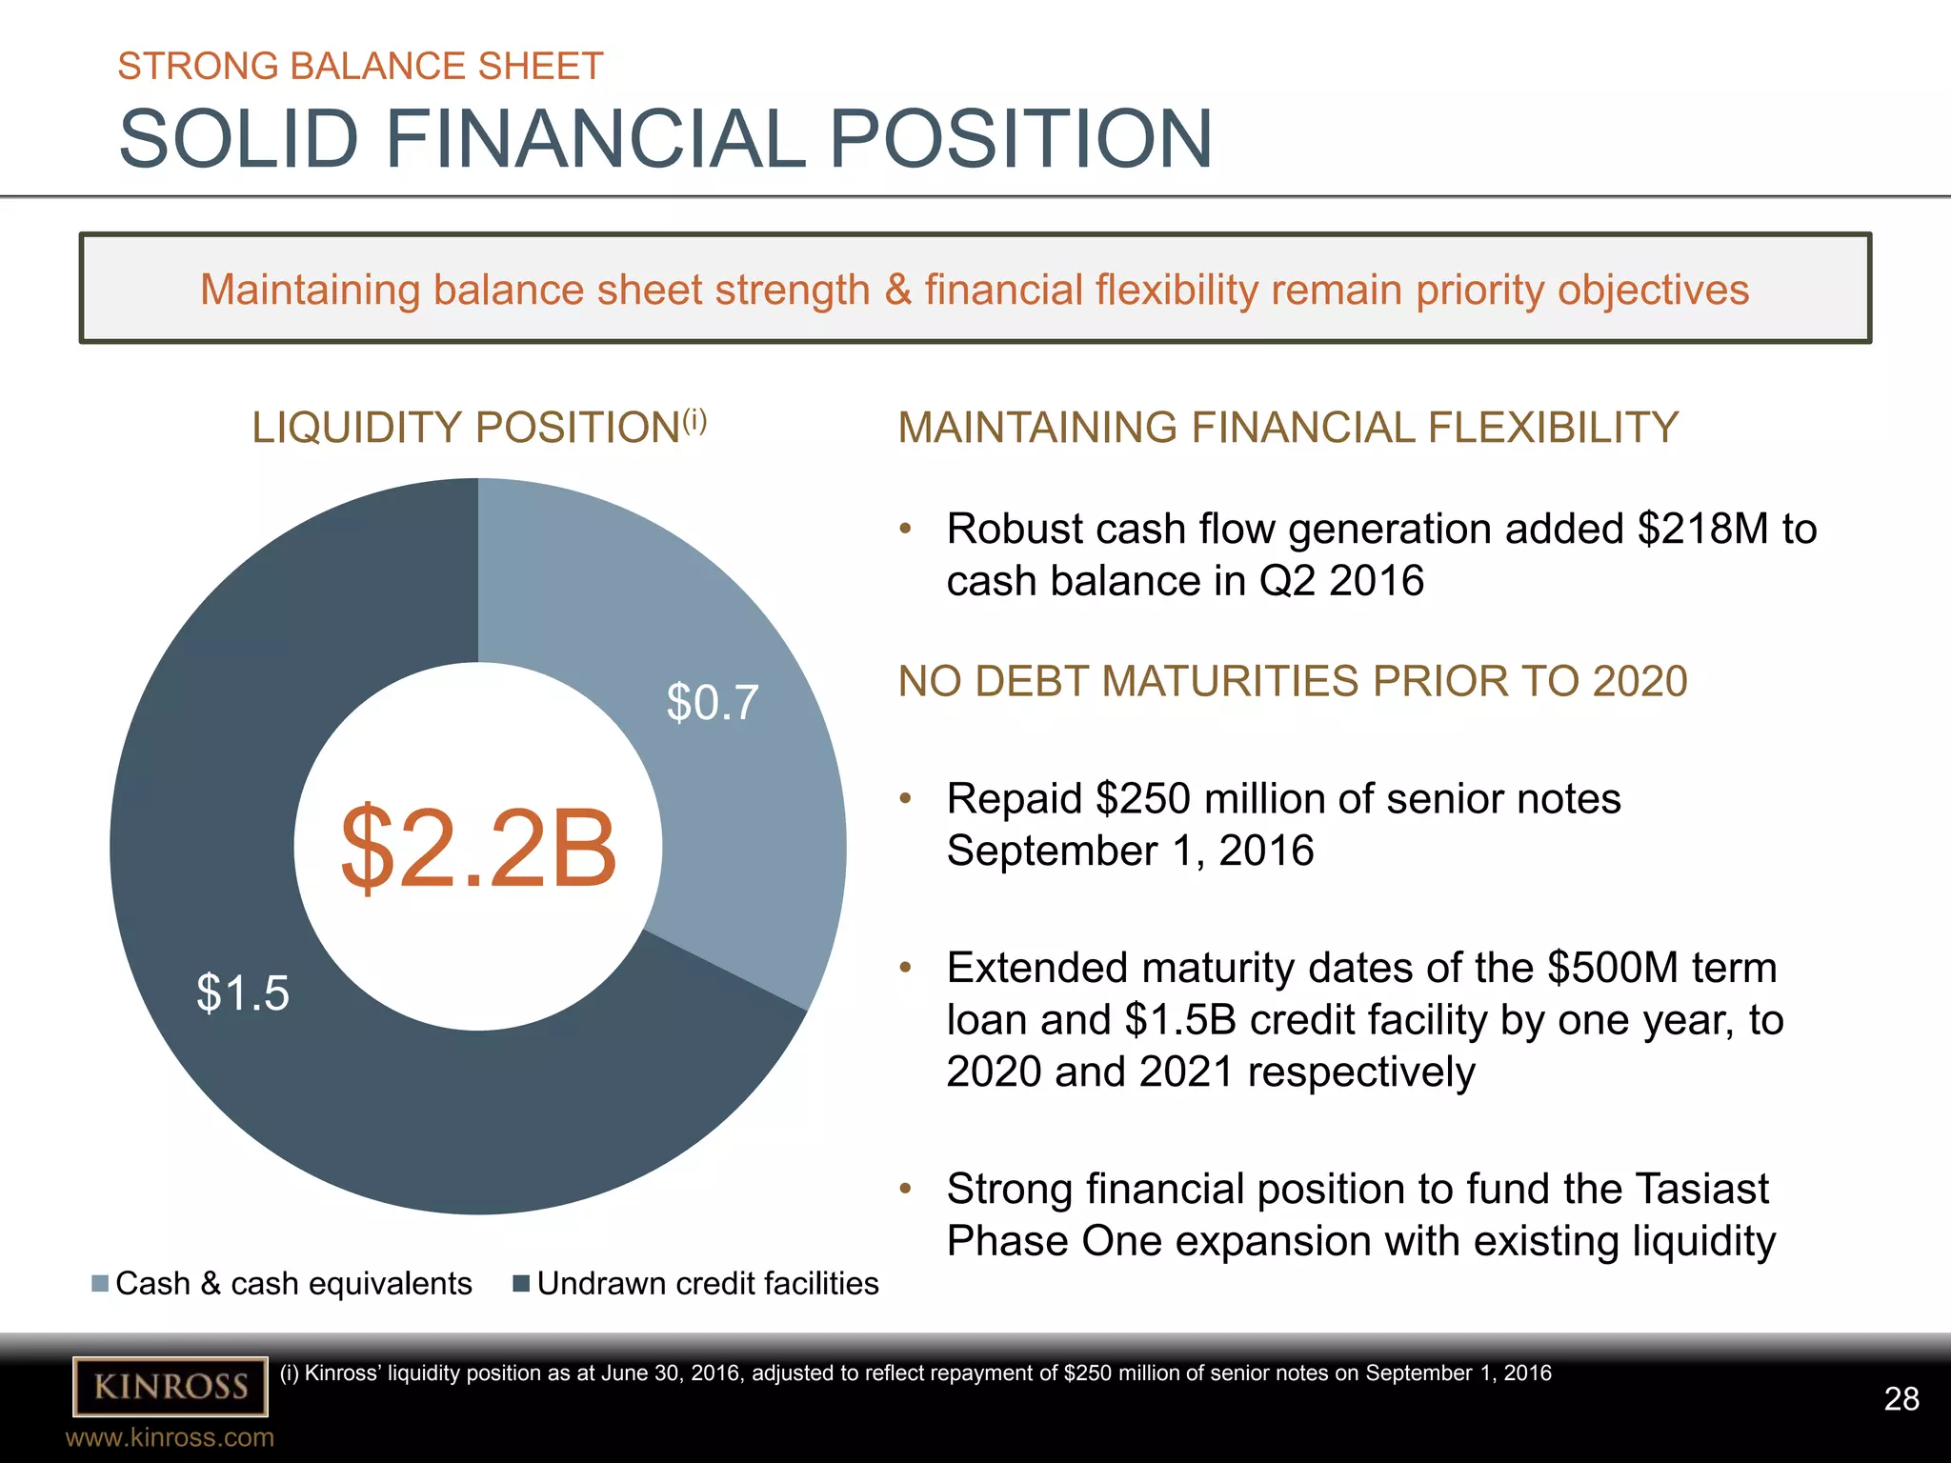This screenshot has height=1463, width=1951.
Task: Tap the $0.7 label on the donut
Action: (x=713, y=703)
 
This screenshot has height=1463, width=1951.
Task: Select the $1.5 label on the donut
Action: (x=242, y=992)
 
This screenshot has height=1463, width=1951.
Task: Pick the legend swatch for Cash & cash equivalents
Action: (x=100, y=1284)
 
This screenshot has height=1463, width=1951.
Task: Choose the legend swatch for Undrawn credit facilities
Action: (x=521, y=1284)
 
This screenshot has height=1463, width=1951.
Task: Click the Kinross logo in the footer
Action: (x=171, y=1386)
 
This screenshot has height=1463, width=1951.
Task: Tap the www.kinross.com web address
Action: (x=170, y=1437)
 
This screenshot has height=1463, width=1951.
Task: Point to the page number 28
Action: (x=1901, y=1398)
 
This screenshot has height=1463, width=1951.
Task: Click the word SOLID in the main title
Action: (x=238, y=139)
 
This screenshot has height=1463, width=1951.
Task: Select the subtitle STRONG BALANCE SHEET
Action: (x=360, y=67)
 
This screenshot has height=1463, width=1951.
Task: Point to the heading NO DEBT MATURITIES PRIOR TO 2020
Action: (x=1292, y=682)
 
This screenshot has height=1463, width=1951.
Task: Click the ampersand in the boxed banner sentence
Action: (x=897, y=291)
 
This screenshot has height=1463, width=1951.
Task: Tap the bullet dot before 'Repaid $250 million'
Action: (x=906, y=798)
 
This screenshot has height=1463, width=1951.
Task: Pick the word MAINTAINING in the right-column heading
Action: (x=1037, y=428)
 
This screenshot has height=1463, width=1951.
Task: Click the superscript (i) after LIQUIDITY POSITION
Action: (x=694, y=419)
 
